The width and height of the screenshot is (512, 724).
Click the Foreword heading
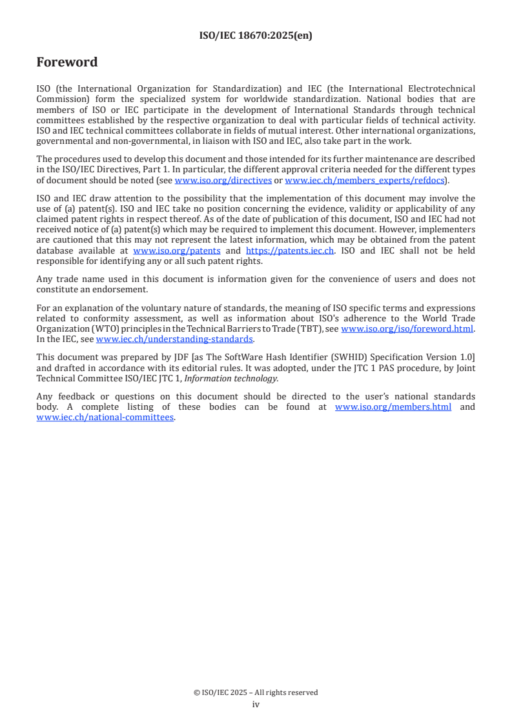tap(67, 63)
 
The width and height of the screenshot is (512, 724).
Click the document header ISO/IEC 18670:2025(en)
tap(256, 36)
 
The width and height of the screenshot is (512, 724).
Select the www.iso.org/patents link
tap(176, 250)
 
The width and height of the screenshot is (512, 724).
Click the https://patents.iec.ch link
tap(290, 250)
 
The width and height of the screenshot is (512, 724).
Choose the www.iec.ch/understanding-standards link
tap(174, 339)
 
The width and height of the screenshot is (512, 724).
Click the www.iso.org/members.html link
tap(393, 407)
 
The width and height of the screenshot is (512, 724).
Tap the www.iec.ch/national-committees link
tap(105, 417)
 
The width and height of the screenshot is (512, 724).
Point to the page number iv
tap(256, 704)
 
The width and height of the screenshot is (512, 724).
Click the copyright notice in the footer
tap(256, 692)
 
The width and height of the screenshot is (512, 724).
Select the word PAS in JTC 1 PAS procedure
tap(369, 368)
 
